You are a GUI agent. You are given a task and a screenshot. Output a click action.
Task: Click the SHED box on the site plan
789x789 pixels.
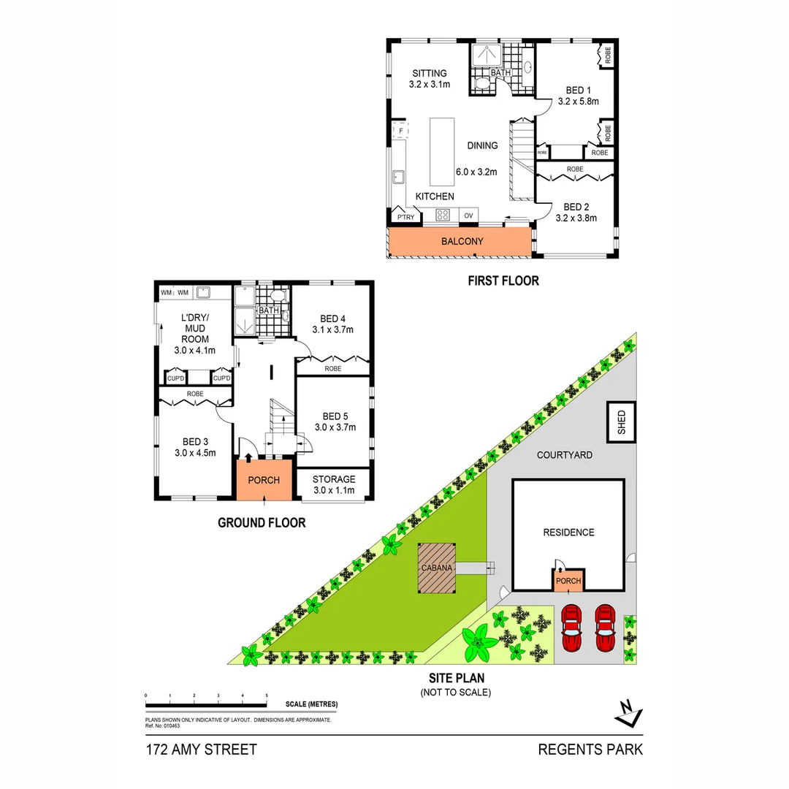coord(622,422)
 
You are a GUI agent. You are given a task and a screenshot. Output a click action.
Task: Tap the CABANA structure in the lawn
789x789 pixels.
coord(438,568)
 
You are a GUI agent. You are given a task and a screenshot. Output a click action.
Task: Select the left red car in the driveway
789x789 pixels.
coord(571,627)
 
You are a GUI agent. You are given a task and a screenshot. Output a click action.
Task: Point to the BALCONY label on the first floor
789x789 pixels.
coord(462,241)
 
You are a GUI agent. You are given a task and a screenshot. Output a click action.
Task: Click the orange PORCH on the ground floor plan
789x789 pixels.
coord(264,480)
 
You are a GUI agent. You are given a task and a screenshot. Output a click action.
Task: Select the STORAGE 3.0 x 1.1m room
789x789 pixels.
coord(333,484)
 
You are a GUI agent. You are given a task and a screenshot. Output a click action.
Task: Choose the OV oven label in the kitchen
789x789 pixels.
coord(468,216)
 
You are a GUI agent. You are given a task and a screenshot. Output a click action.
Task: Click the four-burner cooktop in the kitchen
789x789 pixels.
coord(443,215)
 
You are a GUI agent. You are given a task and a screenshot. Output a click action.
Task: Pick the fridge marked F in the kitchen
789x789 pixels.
coord(400,131)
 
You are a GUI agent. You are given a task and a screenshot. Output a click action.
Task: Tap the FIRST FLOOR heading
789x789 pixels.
coord(504,281)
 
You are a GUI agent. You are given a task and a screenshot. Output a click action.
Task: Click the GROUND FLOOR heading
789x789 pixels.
coord(262,522)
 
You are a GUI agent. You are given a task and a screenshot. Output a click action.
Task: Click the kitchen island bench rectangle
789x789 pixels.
coord(441,151)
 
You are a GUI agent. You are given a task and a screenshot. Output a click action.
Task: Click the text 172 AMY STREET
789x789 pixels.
coord(201,750)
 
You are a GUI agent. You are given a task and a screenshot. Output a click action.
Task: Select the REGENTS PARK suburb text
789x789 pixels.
coord(590,750)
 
